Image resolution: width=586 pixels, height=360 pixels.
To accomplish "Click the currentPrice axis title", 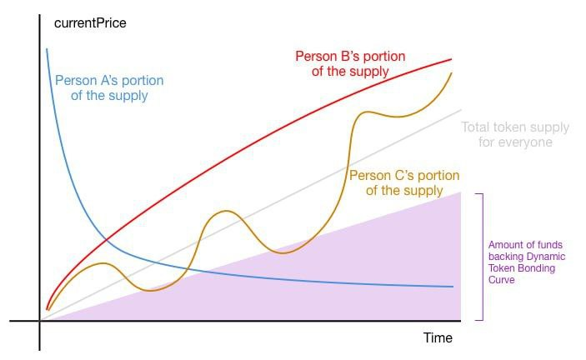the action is [90, 23].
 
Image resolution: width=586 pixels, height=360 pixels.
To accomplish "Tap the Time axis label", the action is [438, 338].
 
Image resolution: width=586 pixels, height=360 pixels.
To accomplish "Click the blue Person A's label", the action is [109, 87].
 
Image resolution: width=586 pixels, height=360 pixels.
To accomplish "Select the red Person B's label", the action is [350, 63].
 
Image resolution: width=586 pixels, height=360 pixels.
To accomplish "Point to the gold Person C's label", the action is [404, 182].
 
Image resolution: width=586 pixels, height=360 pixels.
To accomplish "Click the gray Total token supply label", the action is [515, 134].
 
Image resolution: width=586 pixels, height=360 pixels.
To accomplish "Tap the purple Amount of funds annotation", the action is [527, 262].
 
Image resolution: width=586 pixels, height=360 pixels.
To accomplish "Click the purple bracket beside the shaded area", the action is [483, 257].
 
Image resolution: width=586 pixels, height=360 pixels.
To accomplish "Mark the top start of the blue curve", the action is [47, 49].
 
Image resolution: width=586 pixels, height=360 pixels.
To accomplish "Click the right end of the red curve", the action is [452, 59].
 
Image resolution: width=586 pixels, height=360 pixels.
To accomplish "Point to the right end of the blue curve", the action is [453, 287].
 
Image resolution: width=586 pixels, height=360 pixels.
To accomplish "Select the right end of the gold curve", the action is [452, 72].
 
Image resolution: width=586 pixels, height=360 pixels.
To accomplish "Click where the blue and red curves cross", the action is [107, 240].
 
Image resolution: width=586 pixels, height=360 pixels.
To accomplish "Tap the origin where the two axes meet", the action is [40, 320].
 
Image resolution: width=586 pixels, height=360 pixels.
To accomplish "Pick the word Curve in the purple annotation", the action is [501, 280].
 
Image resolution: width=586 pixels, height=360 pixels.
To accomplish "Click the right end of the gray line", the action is [461, 110].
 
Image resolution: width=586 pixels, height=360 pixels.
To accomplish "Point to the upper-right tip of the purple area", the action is [460, 192].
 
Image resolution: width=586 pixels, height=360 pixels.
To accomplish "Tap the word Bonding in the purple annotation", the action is [536, 268].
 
